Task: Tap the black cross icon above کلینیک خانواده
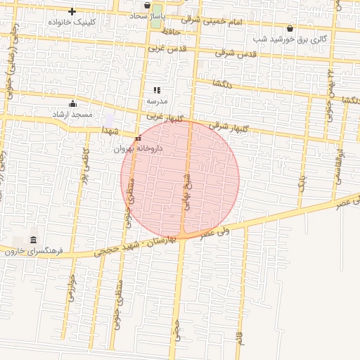(x=72, y=11)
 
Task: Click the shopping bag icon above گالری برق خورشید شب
(x=290, y=29)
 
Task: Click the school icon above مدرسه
(x=157, y=90)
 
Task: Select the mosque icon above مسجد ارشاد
(x=72, y=103)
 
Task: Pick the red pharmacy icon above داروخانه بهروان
(x=138, y=139)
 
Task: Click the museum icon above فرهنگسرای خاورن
(x=33, y=240)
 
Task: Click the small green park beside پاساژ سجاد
(x=156, y=18)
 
